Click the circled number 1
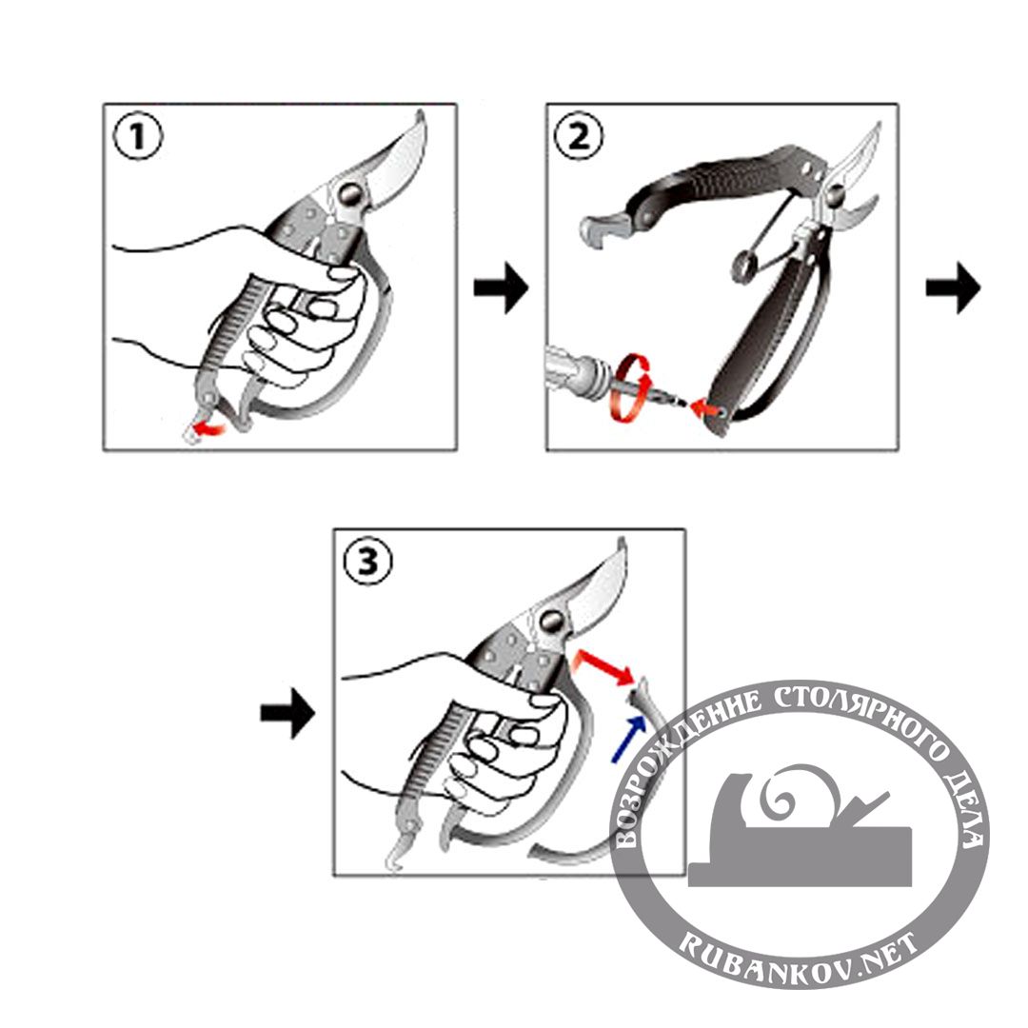(137, 138)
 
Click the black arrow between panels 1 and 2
(501, 287)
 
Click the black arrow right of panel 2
(953, 287)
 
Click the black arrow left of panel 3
(287, 713)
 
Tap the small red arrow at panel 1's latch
(210, 429)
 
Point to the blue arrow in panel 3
(627, 739)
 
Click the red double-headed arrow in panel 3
(603, 667)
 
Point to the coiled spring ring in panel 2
(742, 267)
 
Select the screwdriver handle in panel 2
(574, 368)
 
